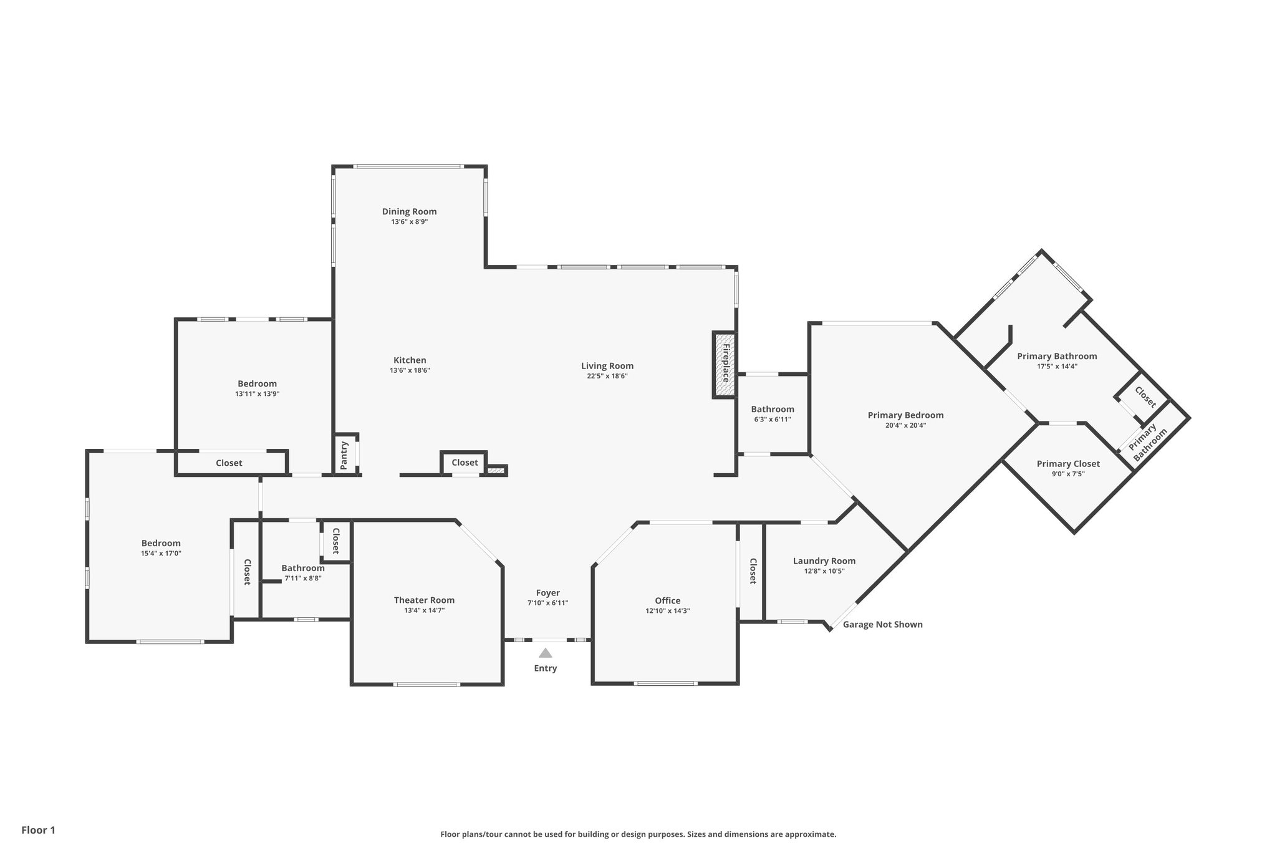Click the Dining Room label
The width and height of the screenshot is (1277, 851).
(409, 211)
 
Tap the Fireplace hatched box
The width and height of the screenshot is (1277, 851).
(725, 365)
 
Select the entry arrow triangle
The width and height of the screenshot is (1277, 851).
(546, 653)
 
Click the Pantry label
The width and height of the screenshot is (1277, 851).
(344, 455)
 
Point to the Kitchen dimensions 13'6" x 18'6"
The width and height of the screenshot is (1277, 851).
(410, 370)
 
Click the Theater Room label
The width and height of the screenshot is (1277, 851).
(424, 600)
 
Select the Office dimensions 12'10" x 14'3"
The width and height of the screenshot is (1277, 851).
(667, 611)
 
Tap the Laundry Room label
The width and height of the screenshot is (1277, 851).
(824, 560)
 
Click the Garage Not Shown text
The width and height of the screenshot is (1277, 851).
(882, 624)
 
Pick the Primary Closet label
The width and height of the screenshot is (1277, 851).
(1068, 463)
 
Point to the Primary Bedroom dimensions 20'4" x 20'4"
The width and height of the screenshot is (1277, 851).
(905, 425)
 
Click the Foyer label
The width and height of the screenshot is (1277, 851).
(547, 592)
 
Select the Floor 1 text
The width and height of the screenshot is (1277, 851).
(38, 830)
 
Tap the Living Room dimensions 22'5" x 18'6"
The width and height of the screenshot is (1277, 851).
(607, 376)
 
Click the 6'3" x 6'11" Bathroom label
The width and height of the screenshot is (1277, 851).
(772, 409)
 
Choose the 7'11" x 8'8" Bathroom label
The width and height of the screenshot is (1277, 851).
(302, 568)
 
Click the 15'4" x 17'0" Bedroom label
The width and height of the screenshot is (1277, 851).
(161, 543)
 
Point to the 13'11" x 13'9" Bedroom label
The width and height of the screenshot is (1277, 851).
(257, 383)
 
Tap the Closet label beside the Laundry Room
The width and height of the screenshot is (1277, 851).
(753, 571)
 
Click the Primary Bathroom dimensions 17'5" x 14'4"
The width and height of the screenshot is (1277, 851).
(1057, 367)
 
